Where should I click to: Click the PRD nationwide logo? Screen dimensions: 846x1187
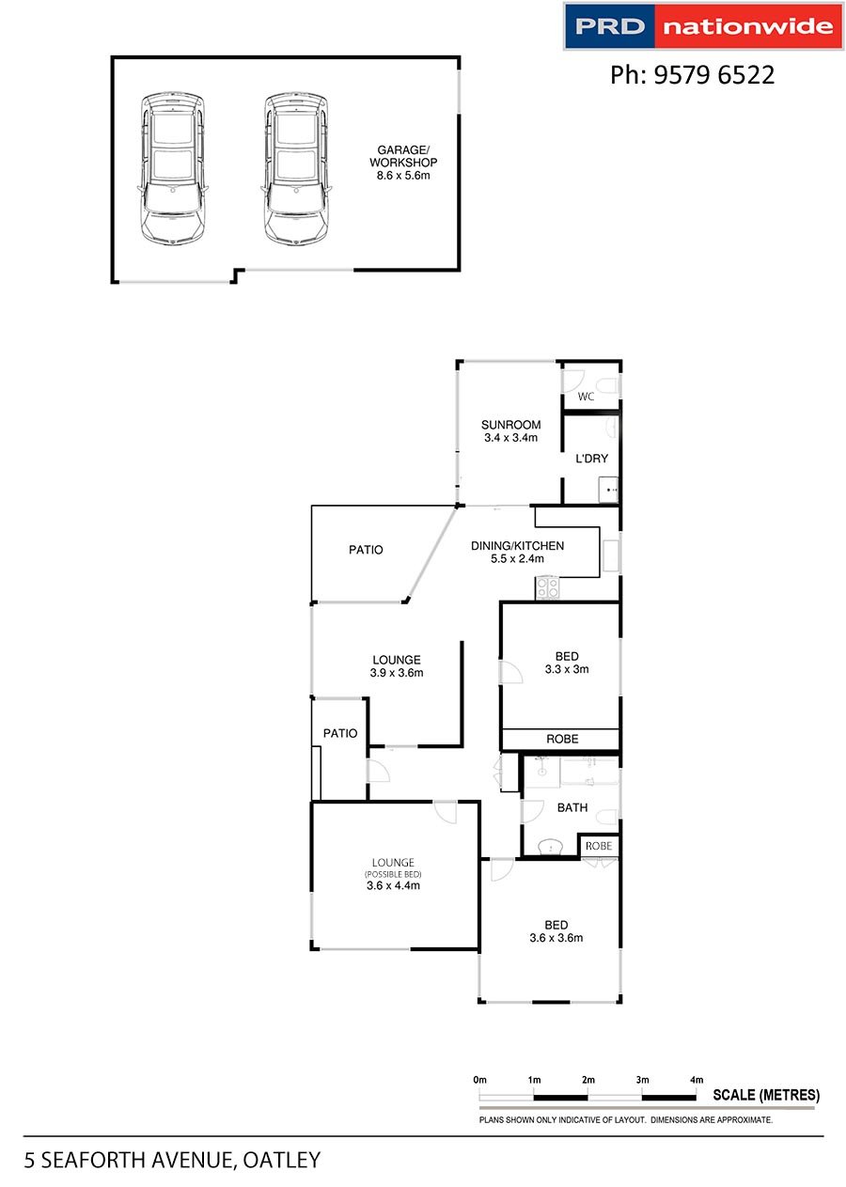tap(703, 26)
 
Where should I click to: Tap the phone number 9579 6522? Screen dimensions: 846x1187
tap(713, 75)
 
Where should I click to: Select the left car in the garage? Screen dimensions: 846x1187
tap(172, 168)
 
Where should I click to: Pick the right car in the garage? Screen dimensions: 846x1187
tap(296, 168)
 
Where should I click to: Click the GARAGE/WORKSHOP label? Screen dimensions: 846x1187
tap(403, 156)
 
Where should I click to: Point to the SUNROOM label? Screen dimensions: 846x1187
tap(511, 425)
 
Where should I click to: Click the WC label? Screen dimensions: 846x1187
tap(586, 397)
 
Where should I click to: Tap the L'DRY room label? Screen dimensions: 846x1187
tap(591, 459)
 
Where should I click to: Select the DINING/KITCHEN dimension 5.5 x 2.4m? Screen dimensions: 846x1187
tap(517, 558)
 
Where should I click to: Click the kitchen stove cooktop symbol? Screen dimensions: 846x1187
tap(548, 587)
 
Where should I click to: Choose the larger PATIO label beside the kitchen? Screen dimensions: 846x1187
tap(366, 550)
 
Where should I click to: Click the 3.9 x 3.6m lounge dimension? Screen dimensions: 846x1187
tap(397, 673)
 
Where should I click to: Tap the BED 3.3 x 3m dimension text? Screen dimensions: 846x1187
tap(567, 669)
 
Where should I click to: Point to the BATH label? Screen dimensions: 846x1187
tap(572, 807)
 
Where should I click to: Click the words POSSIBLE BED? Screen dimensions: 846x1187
tap(393, 874)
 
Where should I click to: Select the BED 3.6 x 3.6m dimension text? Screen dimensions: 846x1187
tap(556, 937)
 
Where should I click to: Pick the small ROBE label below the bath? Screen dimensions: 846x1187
tap(599, 846)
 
